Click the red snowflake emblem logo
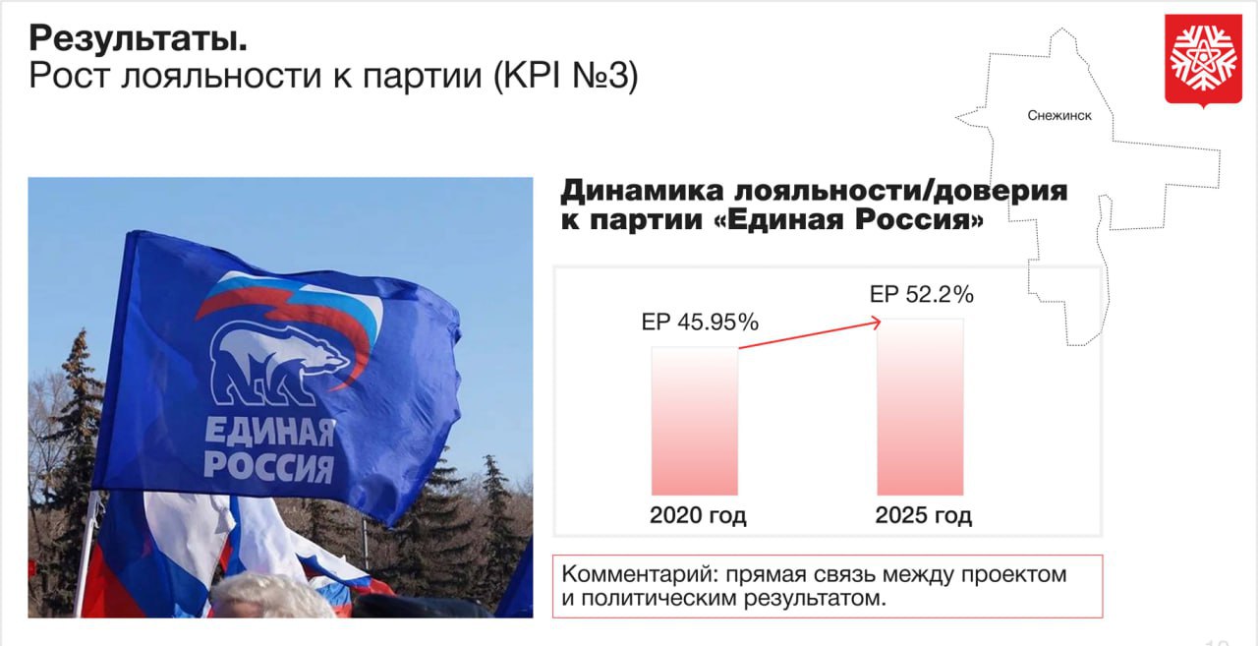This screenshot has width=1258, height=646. coord(1203,60)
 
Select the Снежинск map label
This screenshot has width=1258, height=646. coord(1059,115)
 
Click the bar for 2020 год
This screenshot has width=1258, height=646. coord(695,421)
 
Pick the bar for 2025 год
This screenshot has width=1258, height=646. coord(921,407)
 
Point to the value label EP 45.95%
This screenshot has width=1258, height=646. coord(700,323)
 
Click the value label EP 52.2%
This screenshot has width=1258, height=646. coord(922,294)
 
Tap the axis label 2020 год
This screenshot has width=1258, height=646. coord(698,515)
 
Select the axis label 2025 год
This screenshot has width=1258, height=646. coord(923,515)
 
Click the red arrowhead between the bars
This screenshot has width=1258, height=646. coord(876,322)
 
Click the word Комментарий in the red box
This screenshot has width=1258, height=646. coord(639,574)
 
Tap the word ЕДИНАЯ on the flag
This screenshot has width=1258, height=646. coord(269,433)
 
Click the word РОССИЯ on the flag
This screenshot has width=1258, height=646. coord(269,466)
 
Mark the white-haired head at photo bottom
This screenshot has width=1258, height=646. coord(272,597)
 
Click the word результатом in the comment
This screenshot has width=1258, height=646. coord(815,599)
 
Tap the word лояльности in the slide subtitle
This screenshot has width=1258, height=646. coord(221,76)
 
